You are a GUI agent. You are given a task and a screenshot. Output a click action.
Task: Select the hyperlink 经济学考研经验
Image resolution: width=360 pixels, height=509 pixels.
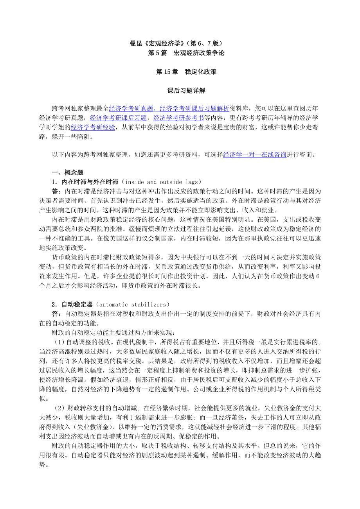[93, 127]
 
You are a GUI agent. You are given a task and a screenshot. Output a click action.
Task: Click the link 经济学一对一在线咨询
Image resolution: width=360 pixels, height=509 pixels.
[255, 154]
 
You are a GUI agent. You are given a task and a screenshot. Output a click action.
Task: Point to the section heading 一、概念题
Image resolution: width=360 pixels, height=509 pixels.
[67, 173]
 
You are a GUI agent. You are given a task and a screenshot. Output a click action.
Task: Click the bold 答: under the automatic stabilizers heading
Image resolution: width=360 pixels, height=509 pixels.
[56, 314]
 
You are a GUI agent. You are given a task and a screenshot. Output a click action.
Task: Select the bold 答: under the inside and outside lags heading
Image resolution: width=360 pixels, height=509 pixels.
[56, 191]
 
